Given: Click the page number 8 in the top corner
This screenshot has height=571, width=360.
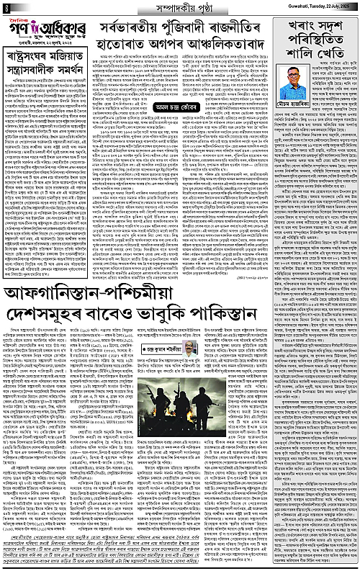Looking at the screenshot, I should point(4,6).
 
